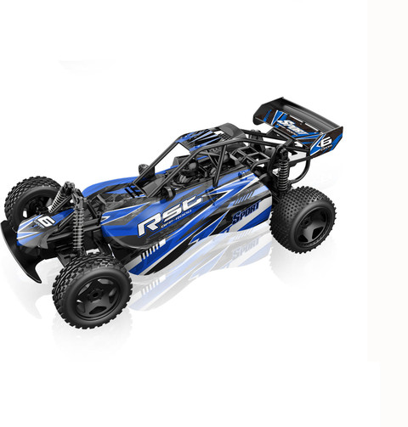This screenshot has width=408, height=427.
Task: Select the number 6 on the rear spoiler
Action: pos(325,143)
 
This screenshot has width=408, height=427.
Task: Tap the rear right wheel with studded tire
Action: pos(303,219)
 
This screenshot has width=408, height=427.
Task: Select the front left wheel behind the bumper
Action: pos(29,201)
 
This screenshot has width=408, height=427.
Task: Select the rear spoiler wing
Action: pos(297,126)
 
